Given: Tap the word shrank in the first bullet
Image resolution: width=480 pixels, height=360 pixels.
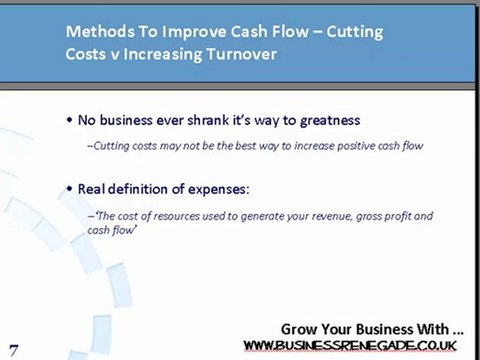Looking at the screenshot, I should [197, 119].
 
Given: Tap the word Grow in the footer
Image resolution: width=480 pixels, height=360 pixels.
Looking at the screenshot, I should [300, 328].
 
